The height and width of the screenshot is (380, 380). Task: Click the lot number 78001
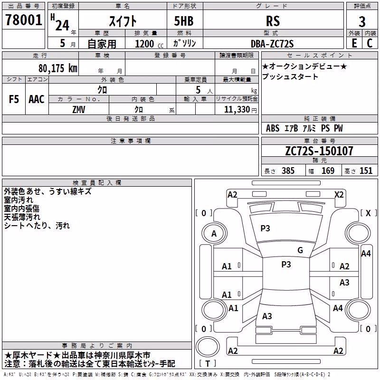pyautogui.click(x=23, y=20)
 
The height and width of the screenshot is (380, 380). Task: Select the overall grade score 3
pyautogui.click(x=362, y=21)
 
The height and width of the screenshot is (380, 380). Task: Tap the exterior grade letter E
pyautogui.click(x=354, y=43)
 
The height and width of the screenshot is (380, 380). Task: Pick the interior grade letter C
pyautogui.click(x=370, y=43)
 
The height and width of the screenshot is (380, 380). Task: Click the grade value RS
pyautogui.click(x=273, y=21)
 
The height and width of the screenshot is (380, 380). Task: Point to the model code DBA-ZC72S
pyautogui.click(x=272, y=44)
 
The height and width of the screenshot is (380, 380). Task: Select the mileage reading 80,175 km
pyautogui.click(x=58, y=68)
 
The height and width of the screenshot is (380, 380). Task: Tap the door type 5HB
pyautogui.click(x=184, y=21)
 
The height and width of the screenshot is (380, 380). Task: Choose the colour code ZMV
pyautogui.click(x=79, y=110)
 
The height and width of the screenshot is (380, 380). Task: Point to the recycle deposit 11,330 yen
pyautogui.click(x=240, y=110)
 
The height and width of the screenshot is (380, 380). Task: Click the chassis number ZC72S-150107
pyautogui.click(x=319, y=151)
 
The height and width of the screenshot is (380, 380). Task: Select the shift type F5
pyautogui.click(x=14, y=99)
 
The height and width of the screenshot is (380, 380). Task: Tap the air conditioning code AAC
pyautogui.click(x=37, y=99)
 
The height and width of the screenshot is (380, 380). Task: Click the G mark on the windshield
pyautogui.click(x=300, y=250)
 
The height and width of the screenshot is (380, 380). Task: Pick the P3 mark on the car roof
pyautogui.click(x=286, y=265)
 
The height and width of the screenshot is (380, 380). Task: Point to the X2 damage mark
pyautogui.click(x=339, y=195)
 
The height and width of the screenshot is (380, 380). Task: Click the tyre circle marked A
pyautogui.click(x=214, y=234)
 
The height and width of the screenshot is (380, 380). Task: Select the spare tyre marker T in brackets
pyautogui.click(x=208, y=363)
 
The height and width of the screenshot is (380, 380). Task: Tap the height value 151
pyautogui.click(x=366, y=171)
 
